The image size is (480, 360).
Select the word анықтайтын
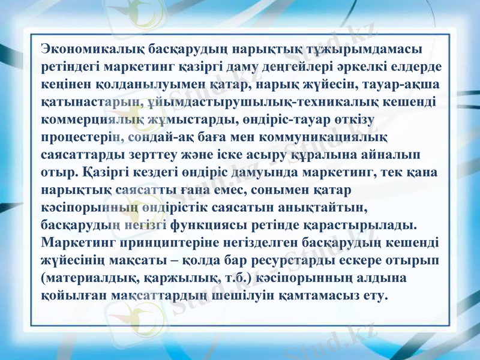tap(313, 208)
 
